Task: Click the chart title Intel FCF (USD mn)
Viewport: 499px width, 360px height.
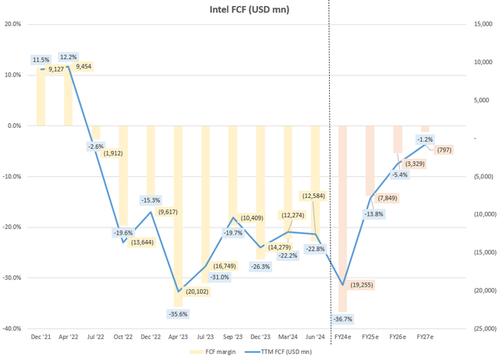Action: pyautogui.click(x=244, y=9)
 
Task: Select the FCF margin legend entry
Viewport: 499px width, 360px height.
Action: pyautogui.click(x=211, y=352)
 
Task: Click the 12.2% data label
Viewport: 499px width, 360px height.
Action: pyautogui.click(x=69, y=57)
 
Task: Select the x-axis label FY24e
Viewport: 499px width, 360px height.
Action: pyautogui.click(x=342, y=337)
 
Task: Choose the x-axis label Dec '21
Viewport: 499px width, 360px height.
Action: pyautogui.click(x=41, y=337)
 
